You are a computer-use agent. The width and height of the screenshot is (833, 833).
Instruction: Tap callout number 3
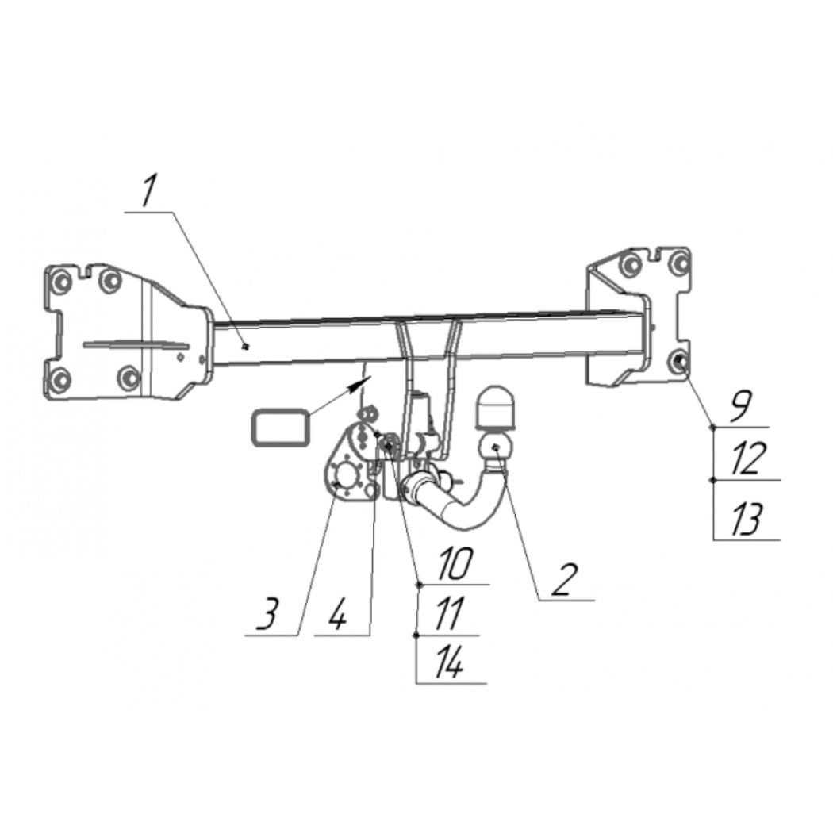[x=267, y=614]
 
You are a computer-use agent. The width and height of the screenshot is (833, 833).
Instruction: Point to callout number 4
[x=336, y=614]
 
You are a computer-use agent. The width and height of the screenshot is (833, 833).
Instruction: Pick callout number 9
[x=740, y=406]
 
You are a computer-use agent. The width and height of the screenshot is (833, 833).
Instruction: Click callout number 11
[x=449, y=614]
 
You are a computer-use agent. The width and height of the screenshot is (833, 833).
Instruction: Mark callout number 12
[x=748, y=458]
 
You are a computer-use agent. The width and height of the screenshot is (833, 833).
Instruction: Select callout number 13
[x=748, y=518]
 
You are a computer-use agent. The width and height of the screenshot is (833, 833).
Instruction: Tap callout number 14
[x=449, y=662]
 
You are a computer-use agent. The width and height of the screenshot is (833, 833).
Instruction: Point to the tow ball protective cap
[x=494, y=408]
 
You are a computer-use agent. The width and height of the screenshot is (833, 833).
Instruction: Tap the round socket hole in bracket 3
[x=347, y=474]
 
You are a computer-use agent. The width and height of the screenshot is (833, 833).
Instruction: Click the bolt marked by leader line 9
[x=679, y=361]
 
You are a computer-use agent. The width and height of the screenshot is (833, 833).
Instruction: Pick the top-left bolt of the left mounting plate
[x=60, y=282]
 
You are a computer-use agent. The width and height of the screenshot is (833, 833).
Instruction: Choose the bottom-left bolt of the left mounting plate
[x=60, y=378]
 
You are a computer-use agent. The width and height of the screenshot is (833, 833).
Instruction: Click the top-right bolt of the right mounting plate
[x=679, y=262]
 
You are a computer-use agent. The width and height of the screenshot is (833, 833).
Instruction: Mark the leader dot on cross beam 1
[x=245, y=347]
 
